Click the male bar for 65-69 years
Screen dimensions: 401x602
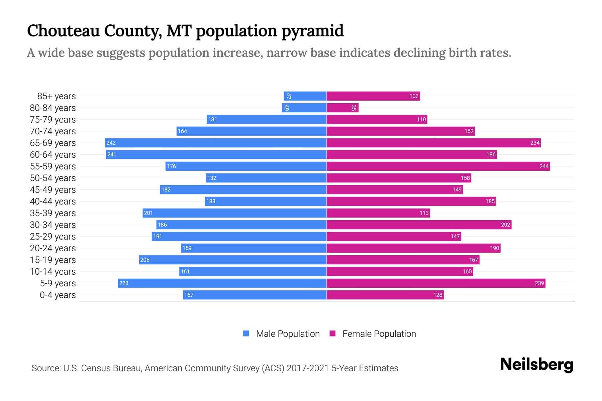click(x=216, y=143)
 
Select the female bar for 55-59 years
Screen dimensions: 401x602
click(x=438, y=166)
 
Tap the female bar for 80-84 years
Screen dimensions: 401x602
click(x=342, y=108)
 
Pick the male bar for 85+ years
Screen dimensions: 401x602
click(x=305, y=96)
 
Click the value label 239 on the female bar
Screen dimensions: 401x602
click(x=539, y=283)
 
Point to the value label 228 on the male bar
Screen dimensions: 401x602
click(x=124, y=283)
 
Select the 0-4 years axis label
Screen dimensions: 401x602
click(x=58, y=295)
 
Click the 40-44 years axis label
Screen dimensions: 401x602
click(x=53, y=202)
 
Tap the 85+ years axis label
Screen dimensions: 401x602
click(x=56, y=96)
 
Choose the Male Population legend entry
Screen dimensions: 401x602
click(x=288, y=334)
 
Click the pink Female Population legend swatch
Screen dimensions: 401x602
click(x=332, y=333)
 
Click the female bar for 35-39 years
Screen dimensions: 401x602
click(x=378, y=213)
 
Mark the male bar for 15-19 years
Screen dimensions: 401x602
click(x=232, y=260)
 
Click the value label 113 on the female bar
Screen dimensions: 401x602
click(x=424, y=213)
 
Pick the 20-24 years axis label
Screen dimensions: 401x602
click(x=53, y=248)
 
